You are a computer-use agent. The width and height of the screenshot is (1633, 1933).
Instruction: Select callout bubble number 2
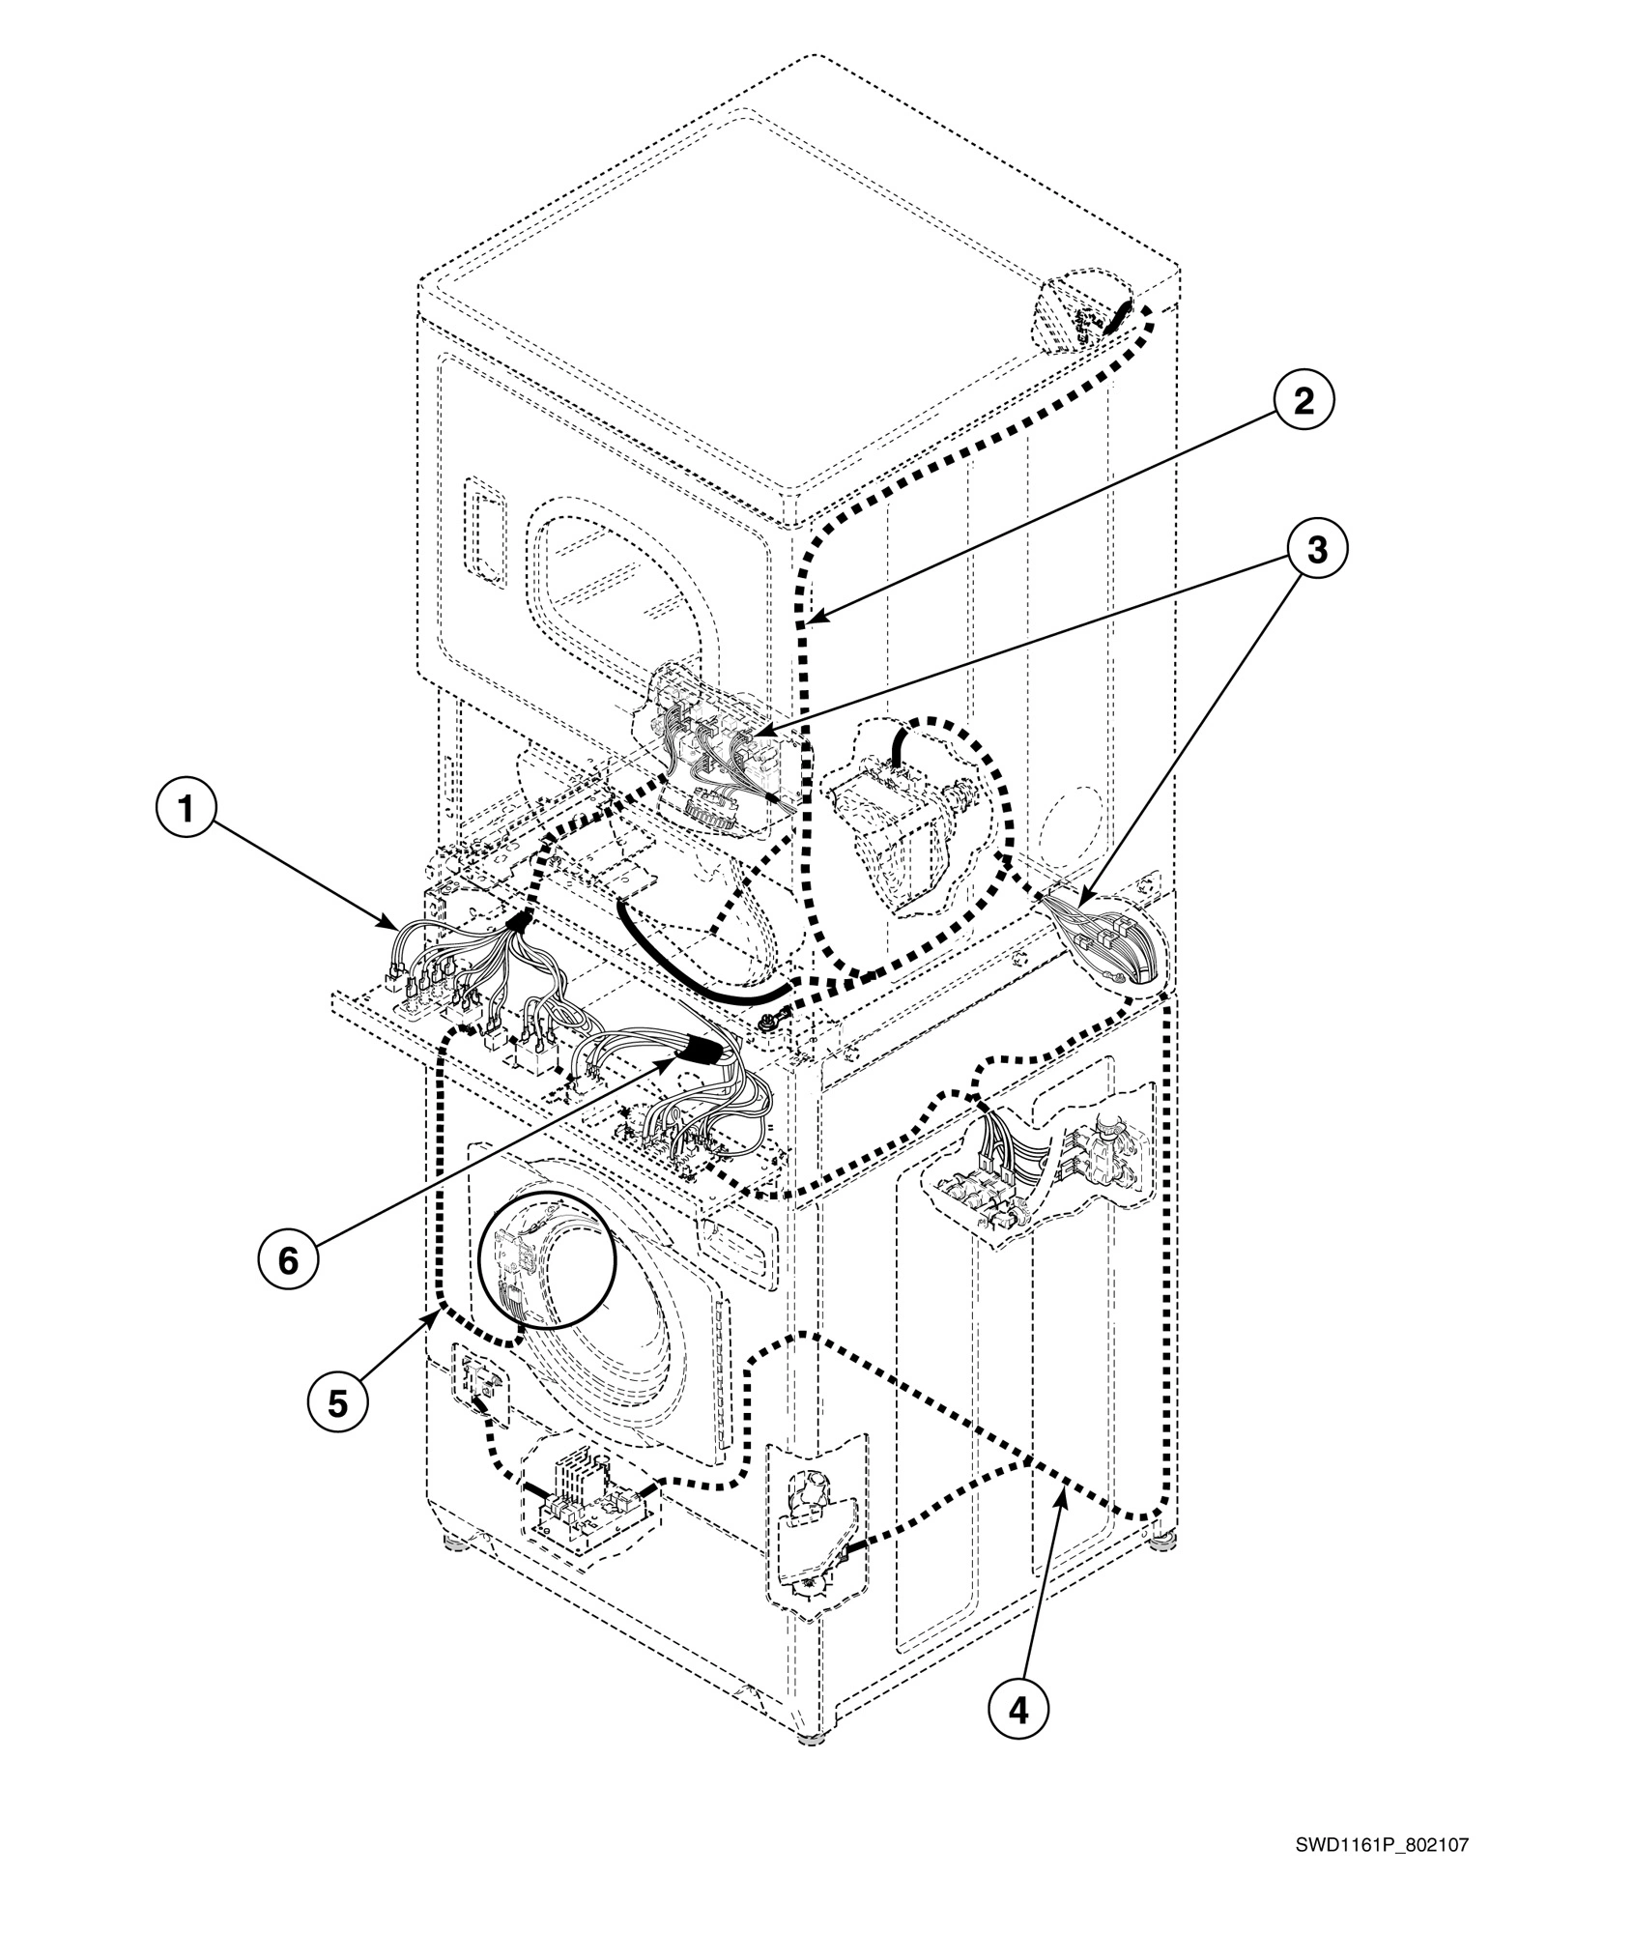(x=1303, y=403)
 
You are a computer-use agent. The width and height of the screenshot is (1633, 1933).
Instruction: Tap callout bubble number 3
(x=1316, y=551)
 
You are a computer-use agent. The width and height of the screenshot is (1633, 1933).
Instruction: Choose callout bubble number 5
(x=336, y=1402)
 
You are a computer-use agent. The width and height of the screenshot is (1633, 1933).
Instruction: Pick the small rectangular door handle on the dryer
(x=486, y=530)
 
